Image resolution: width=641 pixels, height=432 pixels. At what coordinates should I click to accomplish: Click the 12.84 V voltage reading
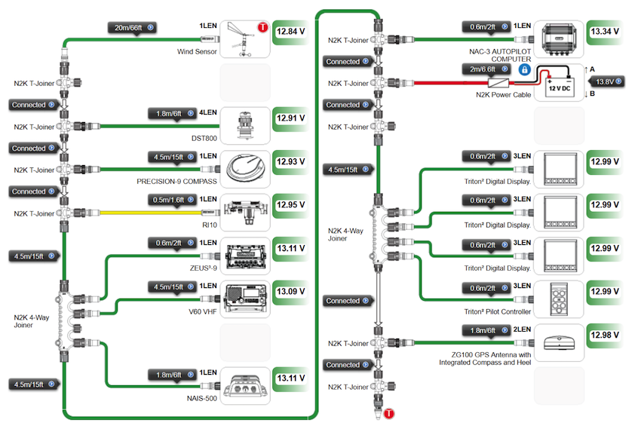tap(290, 32)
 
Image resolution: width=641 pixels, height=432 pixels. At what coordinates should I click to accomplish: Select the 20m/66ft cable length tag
tap(132, 28)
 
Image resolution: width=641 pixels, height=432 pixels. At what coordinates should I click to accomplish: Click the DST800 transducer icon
tap(245, 126)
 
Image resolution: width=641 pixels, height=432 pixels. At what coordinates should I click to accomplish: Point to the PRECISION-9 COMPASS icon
tap(245, 169)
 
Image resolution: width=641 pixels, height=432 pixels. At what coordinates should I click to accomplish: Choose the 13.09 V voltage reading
tap(290, 292)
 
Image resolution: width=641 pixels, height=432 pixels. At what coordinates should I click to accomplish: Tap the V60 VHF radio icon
tap(245, 299)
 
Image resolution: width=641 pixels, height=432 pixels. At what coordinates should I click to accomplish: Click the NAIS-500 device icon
tap(245, 386)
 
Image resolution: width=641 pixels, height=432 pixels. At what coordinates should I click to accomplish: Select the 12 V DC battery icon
tap(559, 83)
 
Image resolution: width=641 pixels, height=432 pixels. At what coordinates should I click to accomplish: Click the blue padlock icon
tap(525, 69)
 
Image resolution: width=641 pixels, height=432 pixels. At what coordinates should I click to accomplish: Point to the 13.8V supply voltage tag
tap(608, 81)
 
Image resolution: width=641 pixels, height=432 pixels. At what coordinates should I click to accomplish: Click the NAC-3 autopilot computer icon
tap(559, 39)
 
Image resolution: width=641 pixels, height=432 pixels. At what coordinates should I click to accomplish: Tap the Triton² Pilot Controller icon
tap(559, 299)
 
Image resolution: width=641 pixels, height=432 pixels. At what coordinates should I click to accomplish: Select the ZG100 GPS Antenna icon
tap(559, 342)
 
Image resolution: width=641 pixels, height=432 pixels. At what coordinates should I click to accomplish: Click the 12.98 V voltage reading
tap(605, 335)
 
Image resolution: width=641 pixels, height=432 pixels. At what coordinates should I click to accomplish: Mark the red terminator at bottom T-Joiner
tap(389, 414)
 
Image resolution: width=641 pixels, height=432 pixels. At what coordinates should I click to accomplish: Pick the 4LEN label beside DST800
tap(207, 112)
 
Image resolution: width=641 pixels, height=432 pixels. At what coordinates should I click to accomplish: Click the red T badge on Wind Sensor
tap(263, 27)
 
